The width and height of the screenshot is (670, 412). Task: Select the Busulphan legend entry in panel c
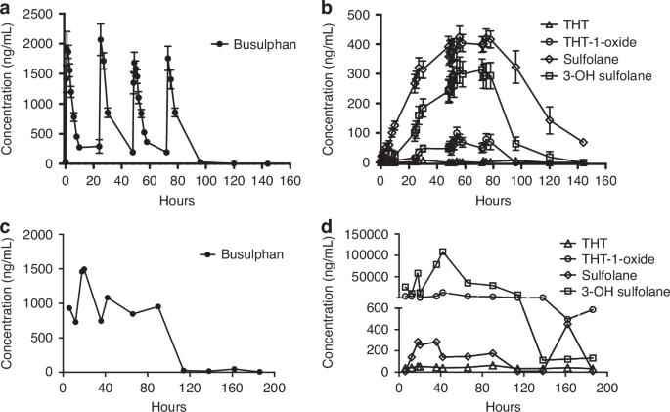pyautogui.click(x=248, y=254)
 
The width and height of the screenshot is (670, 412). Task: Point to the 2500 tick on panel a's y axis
pyautogui.click(x=40, y=16)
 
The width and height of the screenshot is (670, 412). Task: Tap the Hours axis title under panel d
pyautogui.click(x=493, y=403)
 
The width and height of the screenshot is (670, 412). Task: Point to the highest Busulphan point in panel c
pyautogui.click(x=84, y=269)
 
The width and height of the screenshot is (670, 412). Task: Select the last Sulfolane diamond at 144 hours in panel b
pyautogui.click(x=583, y=143)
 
